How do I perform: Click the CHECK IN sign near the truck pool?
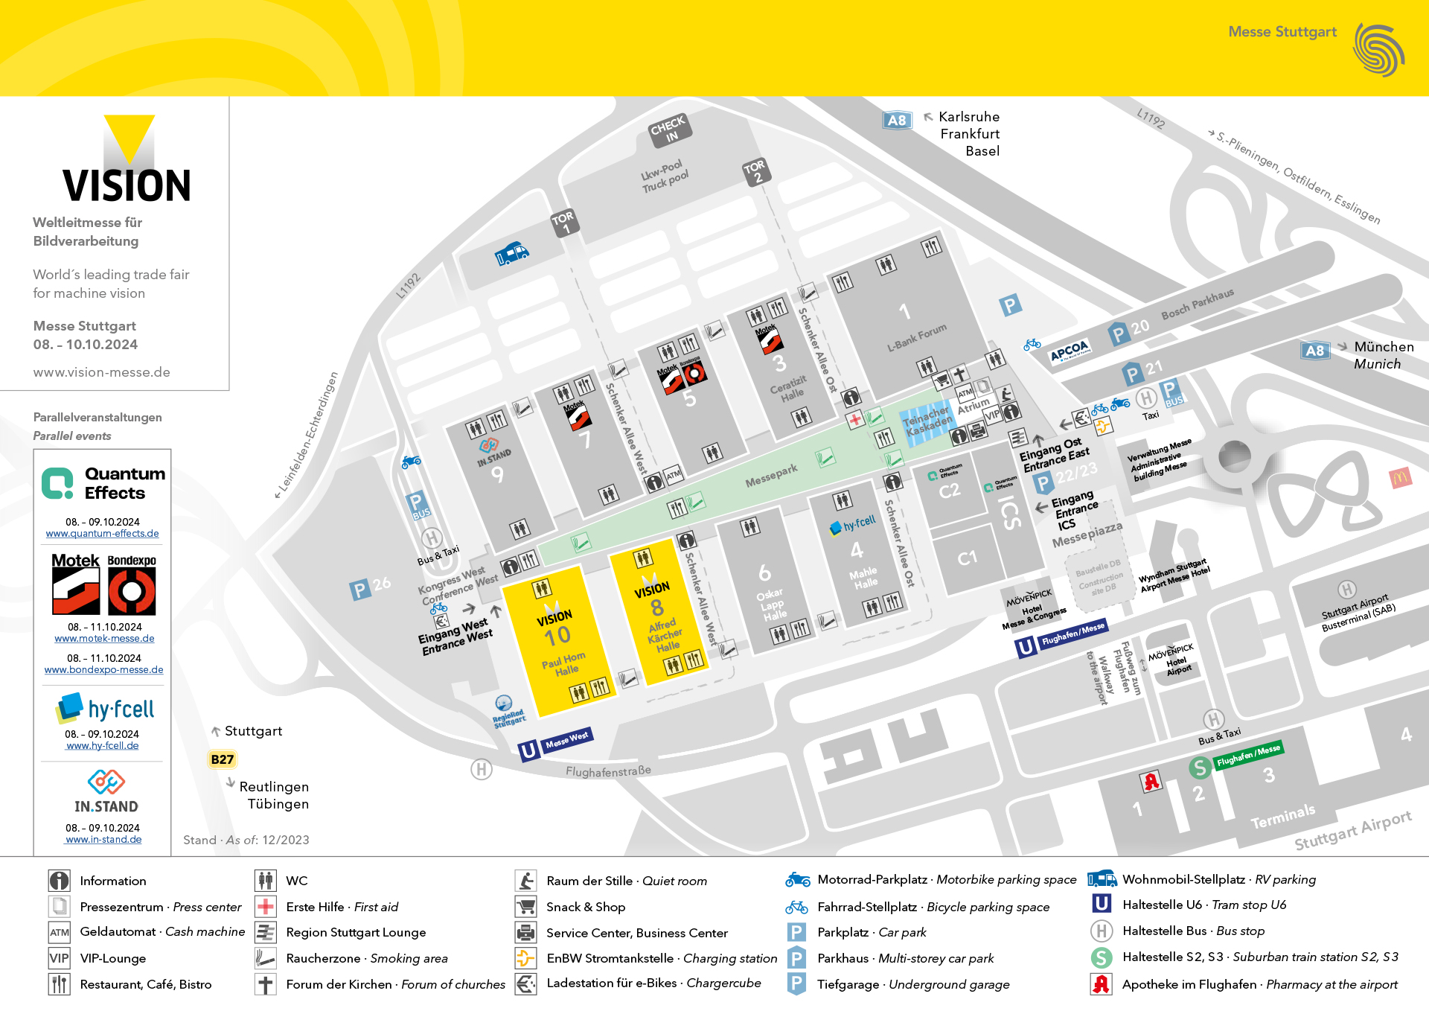669,130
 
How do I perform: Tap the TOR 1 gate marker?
563,222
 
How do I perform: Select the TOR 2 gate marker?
755,171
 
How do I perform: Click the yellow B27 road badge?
222,759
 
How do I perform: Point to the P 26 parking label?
370,587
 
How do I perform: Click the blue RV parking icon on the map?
511,254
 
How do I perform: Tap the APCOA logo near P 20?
1070,351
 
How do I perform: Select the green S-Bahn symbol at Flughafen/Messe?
1199,767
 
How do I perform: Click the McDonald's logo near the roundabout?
1400,478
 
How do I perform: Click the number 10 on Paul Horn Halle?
557,636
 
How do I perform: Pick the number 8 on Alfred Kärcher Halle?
656,607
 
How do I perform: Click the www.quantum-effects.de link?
102,534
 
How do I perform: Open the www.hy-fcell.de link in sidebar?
102,746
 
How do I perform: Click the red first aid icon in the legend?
266,907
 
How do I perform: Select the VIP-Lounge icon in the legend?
59,958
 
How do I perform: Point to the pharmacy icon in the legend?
1101,984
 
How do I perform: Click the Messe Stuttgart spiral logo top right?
1378,50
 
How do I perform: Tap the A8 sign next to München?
1315,351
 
